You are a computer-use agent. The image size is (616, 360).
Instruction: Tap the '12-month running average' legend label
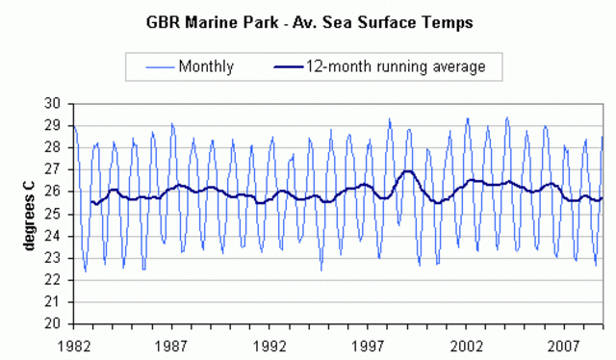point(396,66)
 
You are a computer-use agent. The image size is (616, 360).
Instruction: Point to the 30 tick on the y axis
point(56,103)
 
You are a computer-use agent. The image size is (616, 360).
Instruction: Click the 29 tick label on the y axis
point(56,125)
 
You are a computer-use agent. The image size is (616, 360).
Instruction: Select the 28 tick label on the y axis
point(56,147)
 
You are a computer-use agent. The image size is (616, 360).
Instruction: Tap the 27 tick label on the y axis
point(56,169)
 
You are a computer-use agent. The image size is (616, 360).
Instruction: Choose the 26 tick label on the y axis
point(56,192)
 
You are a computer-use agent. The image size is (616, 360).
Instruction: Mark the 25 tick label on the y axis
point(56,214)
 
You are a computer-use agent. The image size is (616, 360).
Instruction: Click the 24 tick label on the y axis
point(56,236)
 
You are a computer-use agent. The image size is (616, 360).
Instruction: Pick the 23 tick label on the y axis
point(56,258)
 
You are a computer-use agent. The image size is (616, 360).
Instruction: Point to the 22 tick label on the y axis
point(56,280)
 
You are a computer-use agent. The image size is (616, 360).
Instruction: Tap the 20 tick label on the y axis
point(56,324)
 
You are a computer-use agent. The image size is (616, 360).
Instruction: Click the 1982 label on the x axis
point(74,342)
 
